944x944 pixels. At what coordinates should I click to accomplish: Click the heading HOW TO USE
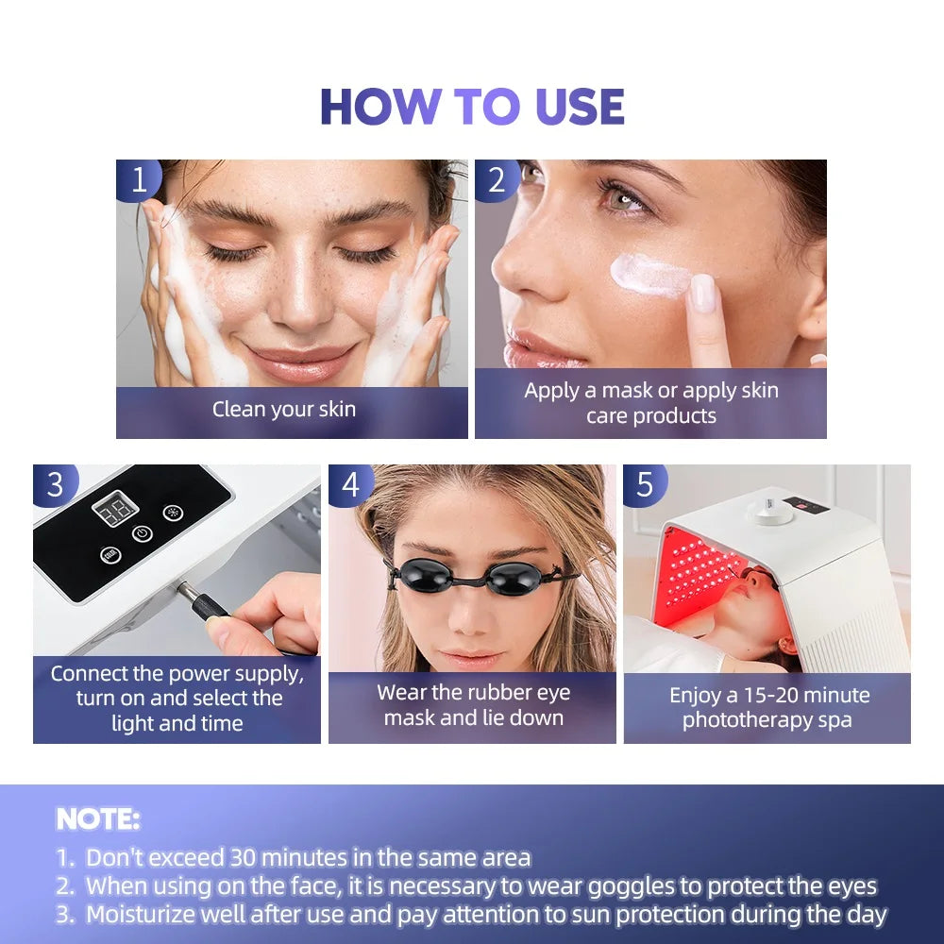(x=472, y=107)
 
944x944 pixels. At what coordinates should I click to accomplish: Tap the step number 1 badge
(x=139, y=179)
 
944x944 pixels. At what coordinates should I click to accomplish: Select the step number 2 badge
(x=497, y=179)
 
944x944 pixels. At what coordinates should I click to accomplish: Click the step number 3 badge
(x=56, y=484)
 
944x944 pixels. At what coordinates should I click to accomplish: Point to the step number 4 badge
(x=351, y=484)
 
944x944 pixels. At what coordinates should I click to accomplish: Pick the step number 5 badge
(x=646, y=484)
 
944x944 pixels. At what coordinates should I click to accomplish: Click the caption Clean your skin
(x=284, y=409)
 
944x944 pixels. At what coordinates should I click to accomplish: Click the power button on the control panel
(x=142, y=533)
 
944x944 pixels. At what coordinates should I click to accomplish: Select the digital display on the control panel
(x=115, y=513)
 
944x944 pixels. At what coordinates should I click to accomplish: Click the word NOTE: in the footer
(x=98, y=818)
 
